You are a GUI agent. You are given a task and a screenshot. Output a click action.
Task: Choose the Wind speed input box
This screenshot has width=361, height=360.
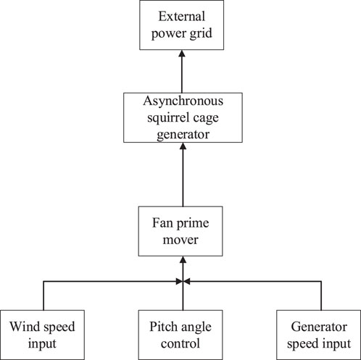pos(45,332)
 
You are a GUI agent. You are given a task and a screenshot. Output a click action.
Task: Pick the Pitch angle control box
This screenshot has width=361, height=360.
pos(183,332)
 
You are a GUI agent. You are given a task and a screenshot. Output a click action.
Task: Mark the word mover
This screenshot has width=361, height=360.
pos(183,238)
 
